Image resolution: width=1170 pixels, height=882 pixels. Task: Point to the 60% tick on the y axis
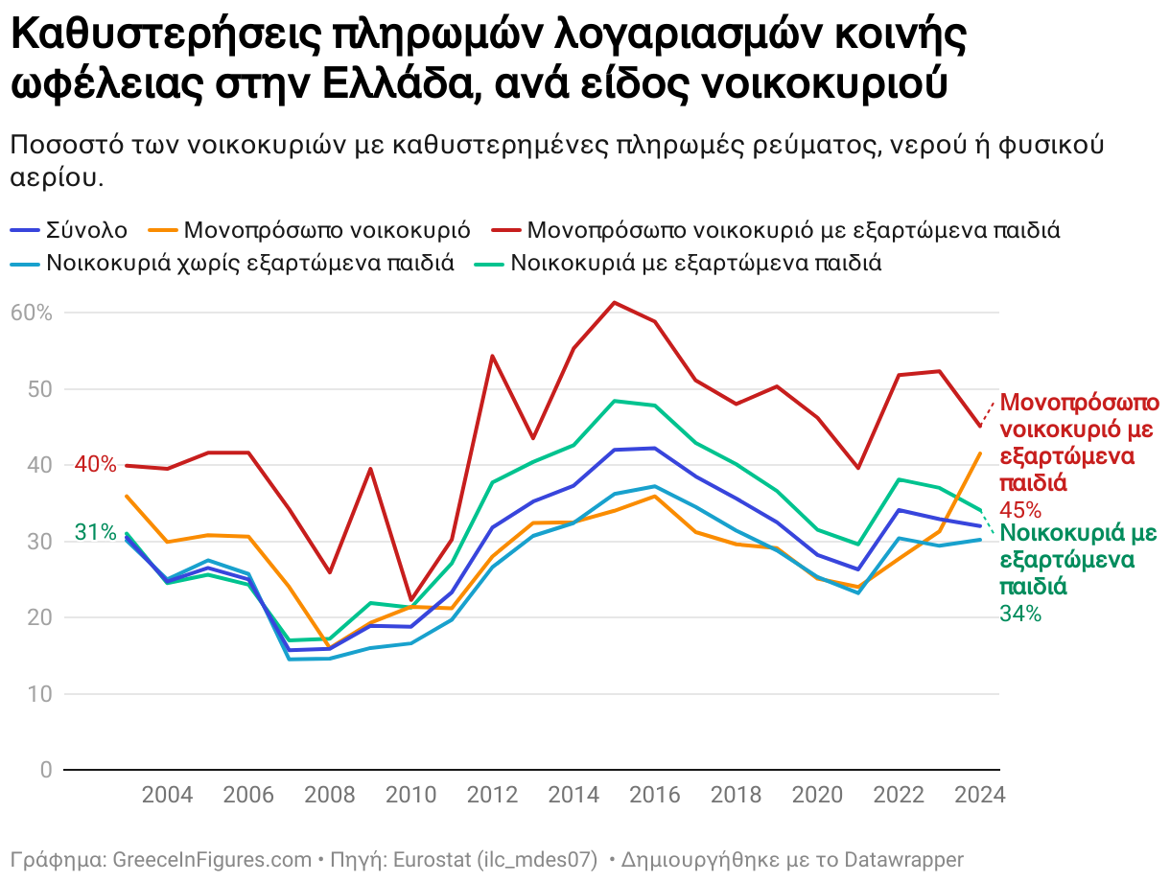[x=32, y=313]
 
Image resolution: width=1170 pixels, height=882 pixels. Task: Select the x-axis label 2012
[x=492, y=796]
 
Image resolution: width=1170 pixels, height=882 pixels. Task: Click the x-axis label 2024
[x=980, y=796]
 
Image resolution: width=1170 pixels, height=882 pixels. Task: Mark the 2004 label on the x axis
[x=167, y=796]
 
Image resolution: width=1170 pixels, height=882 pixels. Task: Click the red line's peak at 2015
[x=614, y=303]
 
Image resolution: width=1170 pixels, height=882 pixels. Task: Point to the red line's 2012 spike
[x=492, y=357]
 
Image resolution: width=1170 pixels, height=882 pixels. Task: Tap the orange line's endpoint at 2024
[x=979, y=453]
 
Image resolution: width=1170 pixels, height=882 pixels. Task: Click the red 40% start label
[x=95, y=465]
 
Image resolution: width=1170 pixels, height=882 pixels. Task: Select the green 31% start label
[x=95, y=533]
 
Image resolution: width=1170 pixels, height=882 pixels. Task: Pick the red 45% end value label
[x=1020, y=510]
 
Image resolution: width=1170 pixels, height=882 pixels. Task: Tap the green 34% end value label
[x=1020, y=615]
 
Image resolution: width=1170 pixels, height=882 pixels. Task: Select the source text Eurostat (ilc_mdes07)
[x=495, y=859]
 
